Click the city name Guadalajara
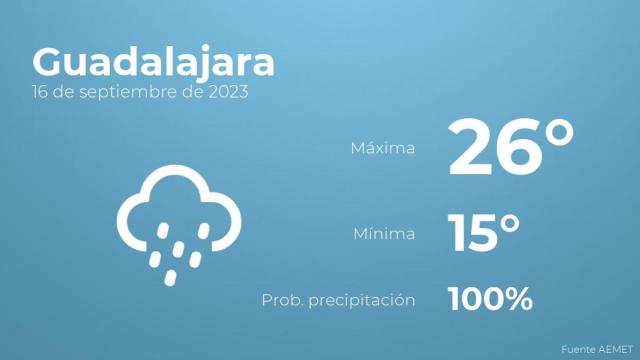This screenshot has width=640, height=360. (x=153, y=62)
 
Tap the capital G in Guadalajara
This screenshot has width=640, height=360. (x=50, y=62)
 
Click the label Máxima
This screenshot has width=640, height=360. (x=382, y=149)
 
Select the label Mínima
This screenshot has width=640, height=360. (x=384, y=235)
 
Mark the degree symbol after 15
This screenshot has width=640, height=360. (x=512, y=221)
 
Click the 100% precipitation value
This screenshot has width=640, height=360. (x=490, y=298)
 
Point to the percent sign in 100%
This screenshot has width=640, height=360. (x=517, y=298)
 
